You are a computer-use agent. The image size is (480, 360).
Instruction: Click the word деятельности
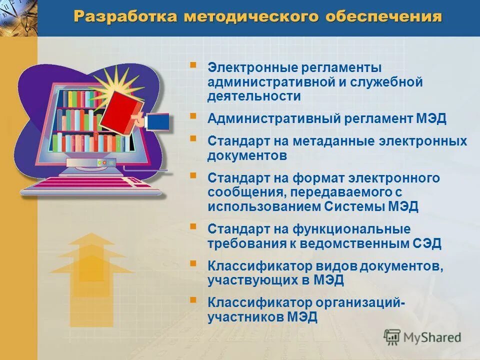tap(254, 96)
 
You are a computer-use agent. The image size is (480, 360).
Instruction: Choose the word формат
tap(311, 178)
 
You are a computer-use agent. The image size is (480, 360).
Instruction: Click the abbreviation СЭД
tap(427, 244)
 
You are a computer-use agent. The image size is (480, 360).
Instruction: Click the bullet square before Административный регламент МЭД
tap(193, 115)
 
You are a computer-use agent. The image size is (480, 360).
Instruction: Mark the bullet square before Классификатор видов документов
tap(193, 262)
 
